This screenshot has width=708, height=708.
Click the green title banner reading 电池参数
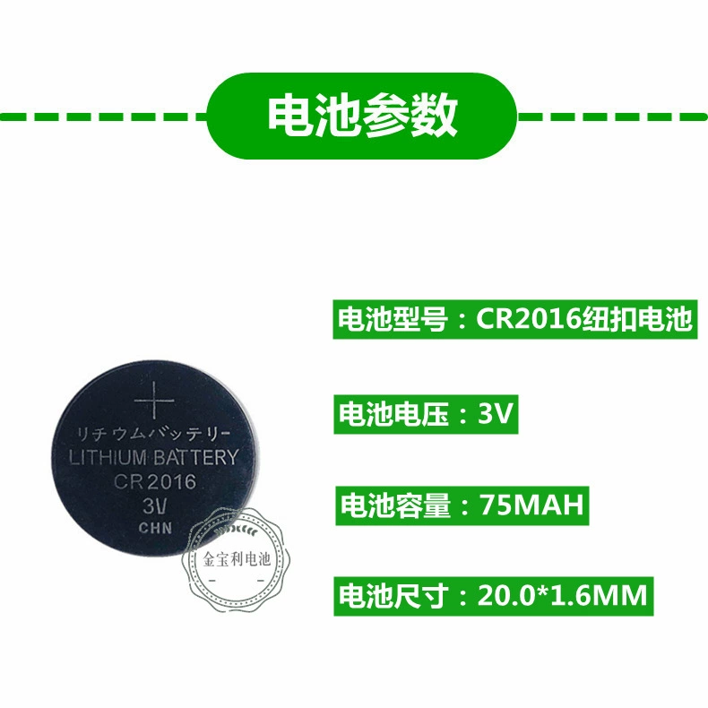(x=362, y=116)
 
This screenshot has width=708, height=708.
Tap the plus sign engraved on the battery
(x=154, y=401)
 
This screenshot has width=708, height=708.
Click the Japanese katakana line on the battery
(x=153, y=435)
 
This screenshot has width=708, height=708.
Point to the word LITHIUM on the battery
(x=108, y=458)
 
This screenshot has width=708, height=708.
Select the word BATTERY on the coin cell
(x=195, y=457)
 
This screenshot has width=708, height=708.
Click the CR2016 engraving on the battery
(x=155, y=481)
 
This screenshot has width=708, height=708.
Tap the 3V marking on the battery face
(x=154, y=506)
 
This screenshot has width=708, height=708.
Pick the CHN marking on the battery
(x=155, y=528)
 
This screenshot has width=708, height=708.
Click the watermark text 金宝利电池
(x=237, y=559)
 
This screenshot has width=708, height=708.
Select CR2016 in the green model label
(x=528, y=319)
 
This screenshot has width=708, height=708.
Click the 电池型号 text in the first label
(x=393, y=319)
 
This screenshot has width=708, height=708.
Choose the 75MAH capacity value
(x=531, y=505)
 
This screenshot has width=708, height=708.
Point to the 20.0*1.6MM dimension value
(x=562, y=596)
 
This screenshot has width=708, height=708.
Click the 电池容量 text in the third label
(x=395, y=505)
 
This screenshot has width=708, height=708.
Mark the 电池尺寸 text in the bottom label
(x=393, y=596)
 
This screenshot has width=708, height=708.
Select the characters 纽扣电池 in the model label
(x=636, y=319)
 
